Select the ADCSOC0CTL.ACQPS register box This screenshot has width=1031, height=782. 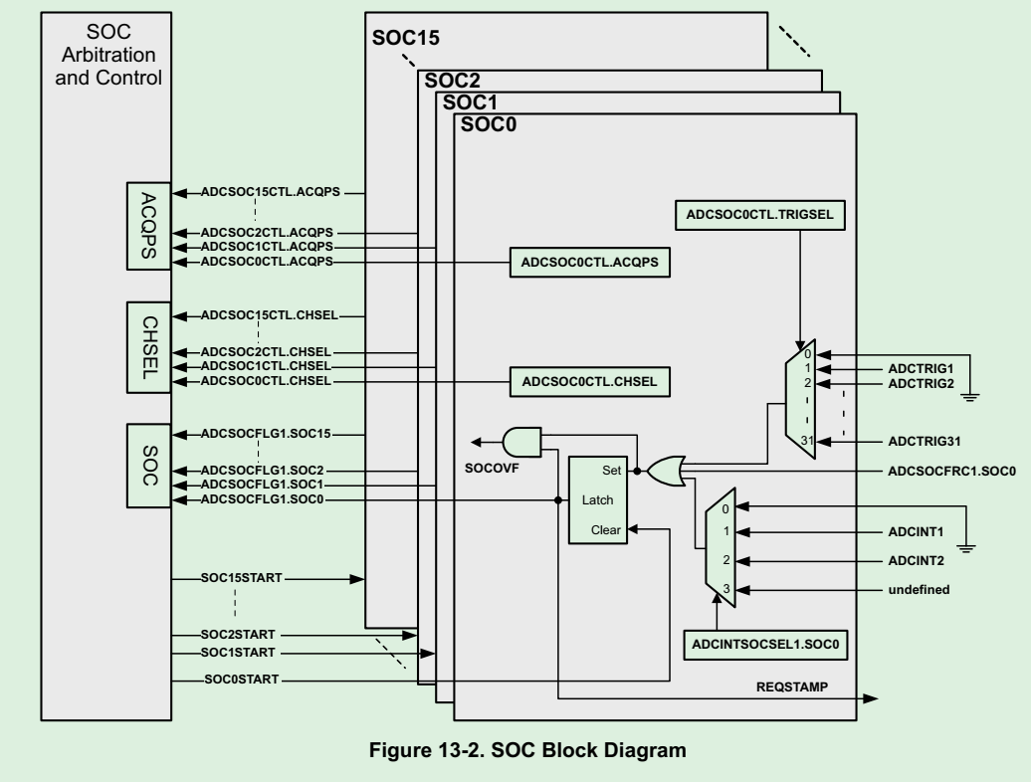tap(589, 262)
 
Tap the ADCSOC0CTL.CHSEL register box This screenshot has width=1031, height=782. tap(589, 381)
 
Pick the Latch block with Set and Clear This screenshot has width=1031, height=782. tap(595, 499)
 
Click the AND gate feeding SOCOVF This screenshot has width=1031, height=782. tap(521, 441)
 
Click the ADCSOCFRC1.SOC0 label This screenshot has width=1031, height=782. tap(949, 469)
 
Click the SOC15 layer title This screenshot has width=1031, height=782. tap(406, 40)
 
